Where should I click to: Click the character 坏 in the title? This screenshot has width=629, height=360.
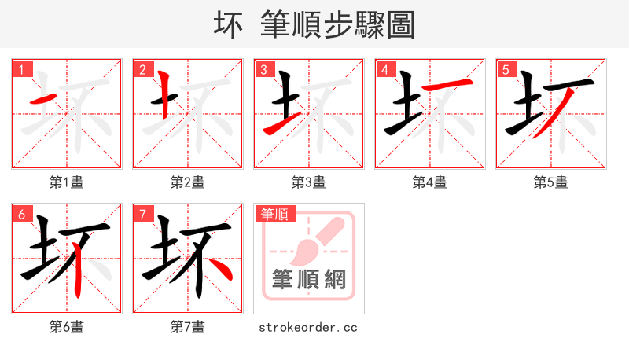pyautogui.click(x=228, y=24)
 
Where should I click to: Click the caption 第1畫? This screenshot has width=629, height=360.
pyautogui.click(x=66, y=182)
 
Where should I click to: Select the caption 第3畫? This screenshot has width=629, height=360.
pyautogui.click(x=308, y=182)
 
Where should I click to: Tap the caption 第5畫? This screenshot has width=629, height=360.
pyautogui.click(x=550, y=182)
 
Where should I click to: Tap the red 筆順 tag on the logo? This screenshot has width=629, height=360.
pyautogui.click(x=274, y=214)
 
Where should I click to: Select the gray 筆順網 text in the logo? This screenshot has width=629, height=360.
pyautogui.click(x=308, y=279)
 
